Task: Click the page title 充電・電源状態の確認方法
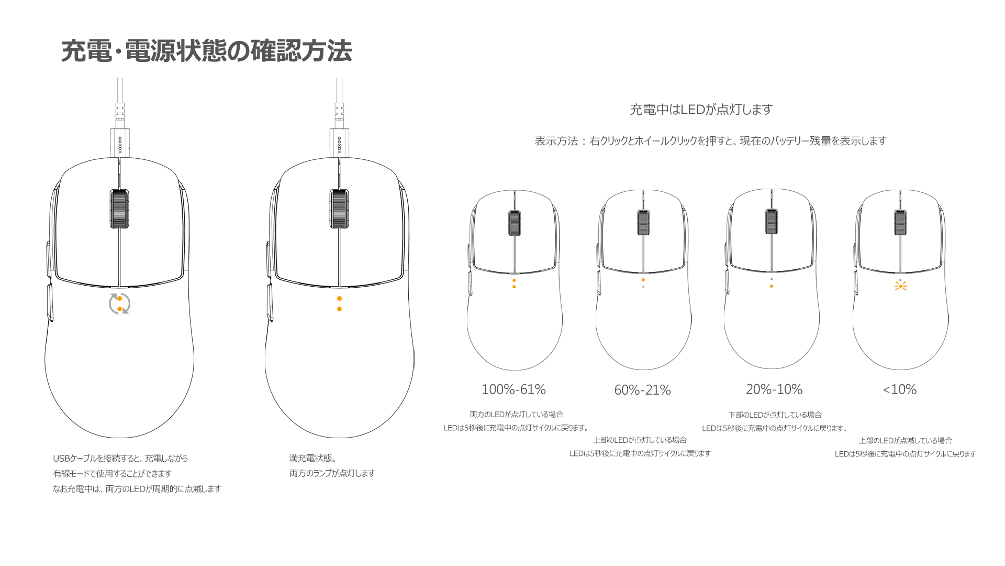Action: tap(207, 51)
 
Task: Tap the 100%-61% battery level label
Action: tap(513, 389)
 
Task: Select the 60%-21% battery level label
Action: tap(642, 390)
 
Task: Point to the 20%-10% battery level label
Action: tap(774, 389)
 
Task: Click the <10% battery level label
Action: tap(900, 389)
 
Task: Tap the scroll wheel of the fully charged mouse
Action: tap(339, 209)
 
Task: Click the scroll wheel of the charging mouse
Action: tap(119, 209)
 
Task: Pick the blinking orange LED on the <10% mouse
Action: tap(900, 286)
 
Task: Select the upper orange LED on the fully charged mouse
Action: tap(339, 299)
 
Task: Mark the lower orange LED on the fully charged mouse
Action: tap(339, 309)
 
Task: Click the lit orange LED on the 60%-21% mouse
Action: tap(643, 280)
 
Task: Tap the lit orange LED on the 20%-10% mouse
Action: tap(772, 286)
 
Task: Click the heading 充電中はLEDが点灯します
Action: tap(701, 110)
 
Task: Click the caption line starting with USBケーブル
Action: tap(120, 458)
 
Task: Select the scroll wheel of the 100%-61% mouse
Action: tap(515, 223)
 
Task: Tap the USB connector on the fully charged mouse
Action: tap(339, 143)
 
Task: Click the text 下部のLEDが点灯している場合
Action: tap(775, 415)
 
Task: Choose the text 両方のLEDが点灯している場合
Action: tap(516, 415)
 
